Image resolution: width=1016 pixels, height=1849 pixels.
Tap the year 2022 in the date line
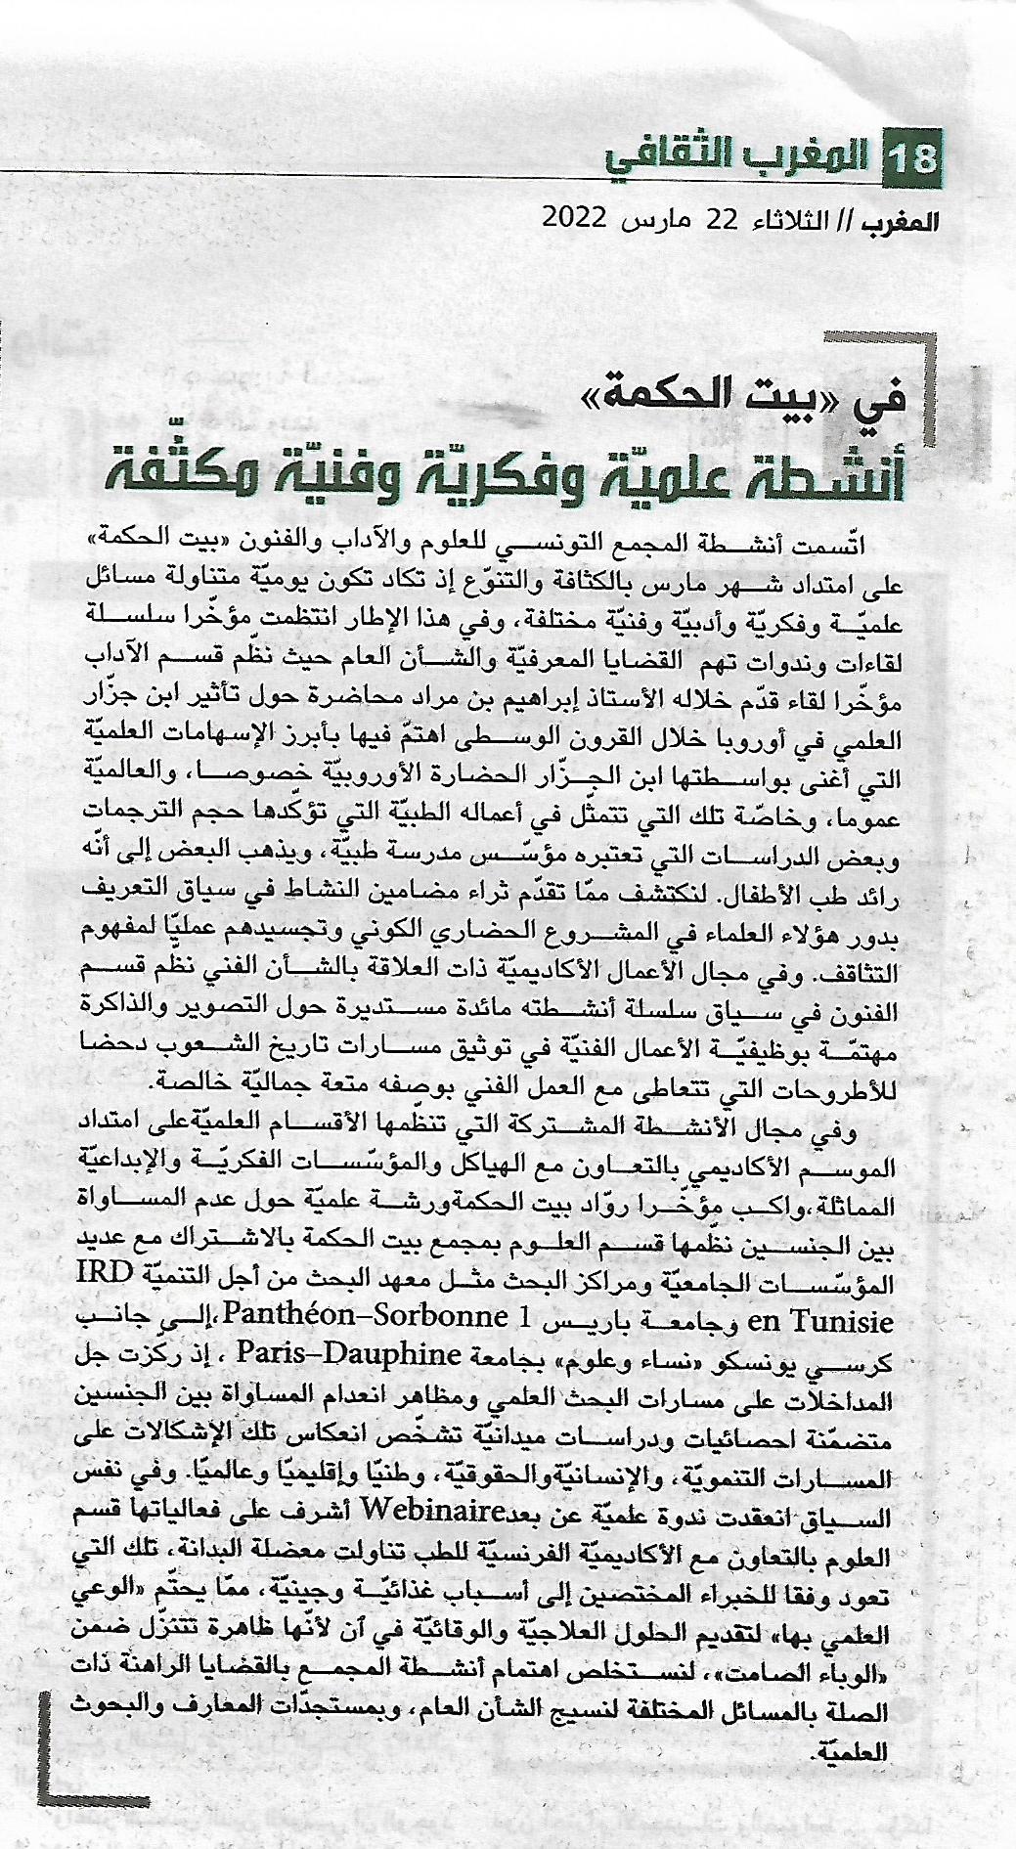click(577, 217)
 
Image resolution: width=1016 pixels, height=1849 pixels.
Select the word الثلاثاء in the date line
click(784, 217)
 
